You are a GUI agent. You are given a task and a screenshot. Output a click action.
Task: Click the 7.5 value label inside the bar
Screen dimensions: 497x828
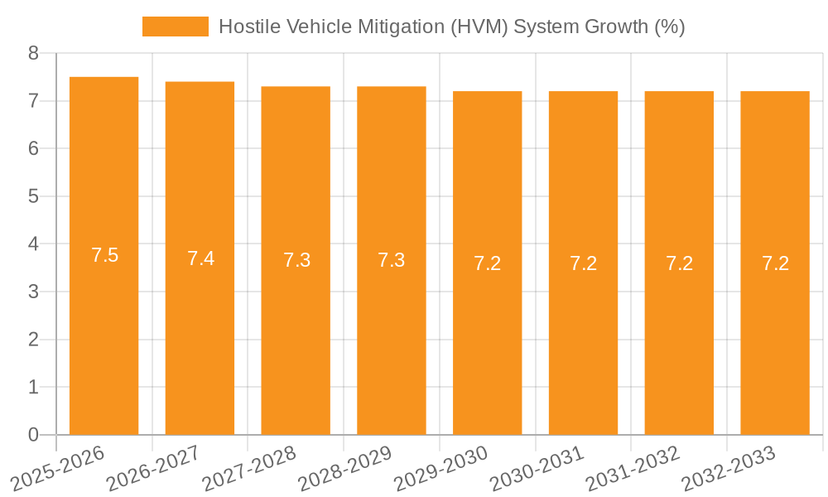click(104, 255)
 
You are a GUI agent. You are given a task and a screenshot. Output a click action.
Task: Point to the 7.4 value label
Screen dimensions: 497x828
click(200, 258)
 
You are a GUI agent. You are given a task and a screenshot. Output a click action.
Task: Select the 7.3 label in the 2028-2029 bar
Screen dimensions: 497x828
click(392, 260)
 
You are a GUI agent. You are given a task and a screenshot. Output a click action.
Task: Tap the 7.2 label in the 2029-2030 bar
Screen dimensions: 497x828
click(488, 263)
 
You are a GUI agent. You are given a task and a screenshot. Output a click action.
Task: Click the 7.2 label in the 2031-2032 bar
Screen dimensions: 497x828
click(679, 263)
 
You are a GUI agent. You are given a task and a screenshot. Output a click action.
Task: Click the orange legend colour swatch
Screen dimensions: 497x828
click(176, 27)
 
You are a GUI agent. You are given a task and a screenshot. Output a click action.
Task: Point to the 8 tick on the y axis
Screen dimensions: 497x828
click(33, 54)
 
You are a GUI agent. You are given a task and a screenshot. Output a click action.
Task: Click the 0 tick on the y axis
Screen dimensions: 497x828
click(33, 435)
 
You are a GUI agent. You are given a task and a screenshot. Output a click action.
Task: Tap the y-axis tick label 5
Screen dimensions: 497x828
click(33, 196)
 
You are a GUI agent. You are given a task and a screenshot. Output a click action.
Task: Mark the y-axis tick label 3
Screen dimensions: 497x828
click(33, 292)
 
